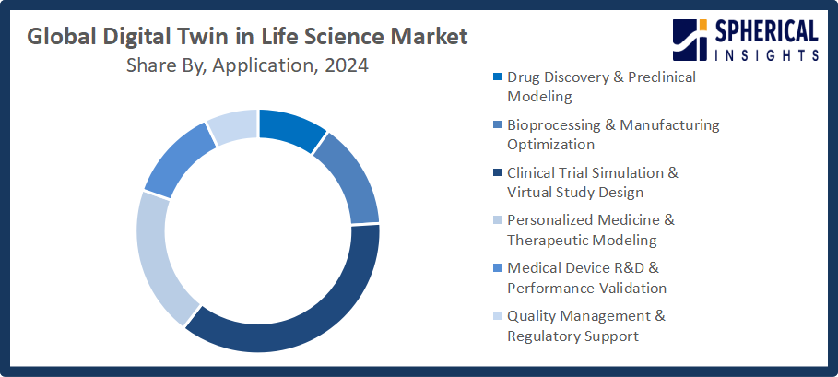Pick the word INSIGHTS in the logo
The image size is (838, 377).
[x=768, y=55]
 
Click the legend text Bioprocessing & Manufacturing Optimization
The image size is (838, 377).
[x=613, y=134]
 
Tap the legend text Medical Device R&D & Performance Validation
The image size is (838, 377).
[x=586, y=277]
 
